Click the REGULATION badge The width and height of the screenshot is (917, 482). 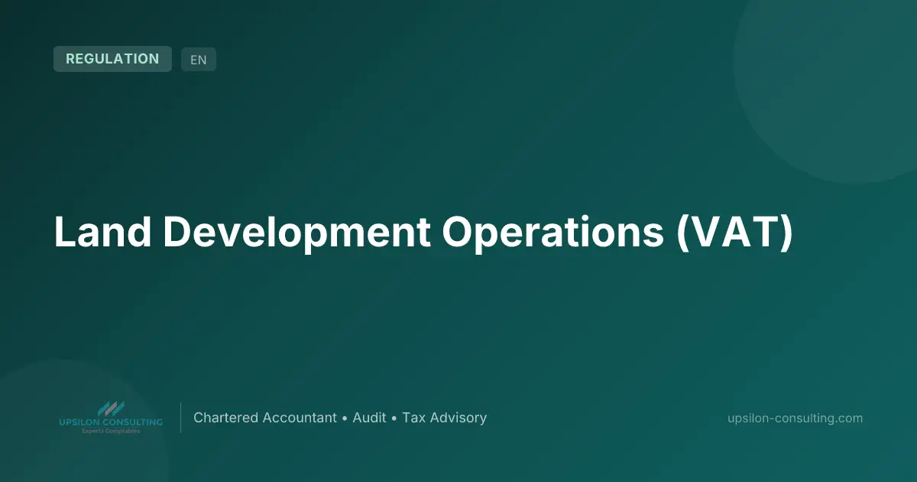(x=112, y=59)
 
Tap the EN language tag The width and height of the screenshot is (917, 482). (x=199, y=60)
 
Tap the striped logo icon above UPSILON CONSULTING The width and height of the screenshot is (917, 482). (x=111, y=409)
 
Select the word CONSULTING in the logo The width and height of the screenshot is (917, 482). (x=134, y=422)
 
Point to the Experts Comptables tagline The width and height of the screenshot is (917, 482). (x=111, y=432)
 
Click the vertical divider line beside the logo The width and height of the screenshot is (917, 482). (x=180, y=418)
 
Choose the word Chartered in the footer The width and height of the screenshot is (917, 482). (x=225, y=418)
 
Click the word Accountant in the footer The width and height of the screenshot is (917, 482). (x=300, y=418)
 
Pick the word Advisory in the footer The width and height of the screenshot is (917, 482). (x=458, y=418)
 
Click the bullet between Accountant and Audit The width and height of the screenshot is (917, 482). (x=345, y=418)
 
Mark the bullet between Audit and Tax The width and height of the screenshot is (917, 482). (x=394, y=418)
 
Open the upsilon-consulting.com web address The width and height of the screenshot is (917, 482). (x=795, y=418)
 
